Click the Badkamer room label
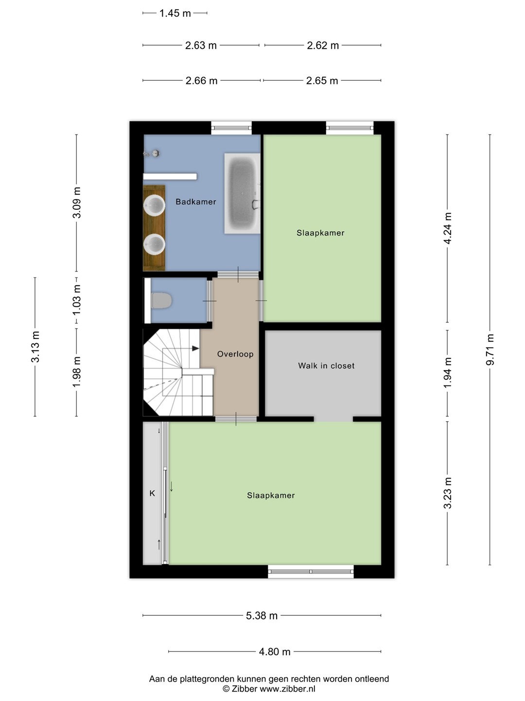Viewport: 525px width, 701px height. pyautogui.click(x=196, y=202)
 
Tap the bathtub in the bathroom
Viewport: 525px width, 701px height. pyautogui.click(x=242, y=193)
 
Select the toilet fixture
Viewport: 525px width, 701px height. pyautogui.click(x=161, y=300)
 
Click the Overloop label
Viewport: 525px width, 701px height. pyautogui.click(x=235, y=354)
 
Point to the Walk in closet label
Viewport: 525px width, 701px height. pyautogui.click(x=326, y=366)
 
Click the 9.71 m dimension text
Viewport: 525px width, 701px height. pyautogui.click(x=490, y=350)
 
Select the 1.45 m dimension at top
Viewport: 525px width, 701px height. pyautogui.click(x=175, y=13)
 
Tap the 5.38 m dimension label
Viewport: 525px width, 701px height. pyautogui.click(x=262, y=615)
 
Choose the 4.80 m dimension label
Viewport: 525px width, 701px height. pyautogui.click(x=275, y=651)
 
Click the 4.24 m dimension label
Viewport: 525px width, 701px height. pyautogui.click(x=448, y=228)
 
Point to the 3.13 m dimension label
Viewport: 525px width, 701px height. pyautogui.click(x=35, y=347)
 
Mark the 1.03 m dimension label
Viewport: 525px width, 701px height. pyautogui.click(x=76, y=300)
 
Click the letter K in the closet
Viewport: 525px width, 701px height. pyautogui.click(x=152, y=493)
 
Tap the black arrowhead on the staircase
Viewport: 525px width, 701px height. pyautogui.click(x=195, y=349)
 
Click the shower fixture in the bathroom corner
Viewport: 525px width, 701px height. pyautogui.click(x=152, y=154)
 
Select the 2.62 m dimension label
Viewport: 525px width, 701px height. pyautogui.click(x=323, y=45)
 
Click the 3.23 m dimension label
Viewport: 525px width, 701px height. pyautogui.click(x=448, y=493)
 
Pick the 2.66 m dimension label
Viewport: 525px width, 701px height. pyautogui.click(x=201, y=80)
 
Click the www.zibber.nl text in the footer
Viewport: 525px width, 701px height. pyautogui.click(x=287, y=689)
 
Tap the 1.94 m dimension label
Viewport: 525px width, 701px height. pyautogui.click(x=448, y=373)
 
